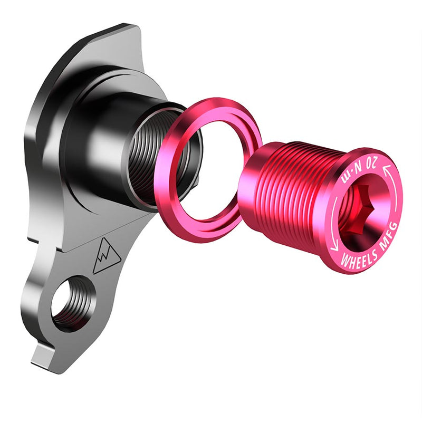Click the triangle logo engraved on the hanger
(x=105, y=256)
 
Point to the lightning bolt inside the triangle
(x=106, y=257)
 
